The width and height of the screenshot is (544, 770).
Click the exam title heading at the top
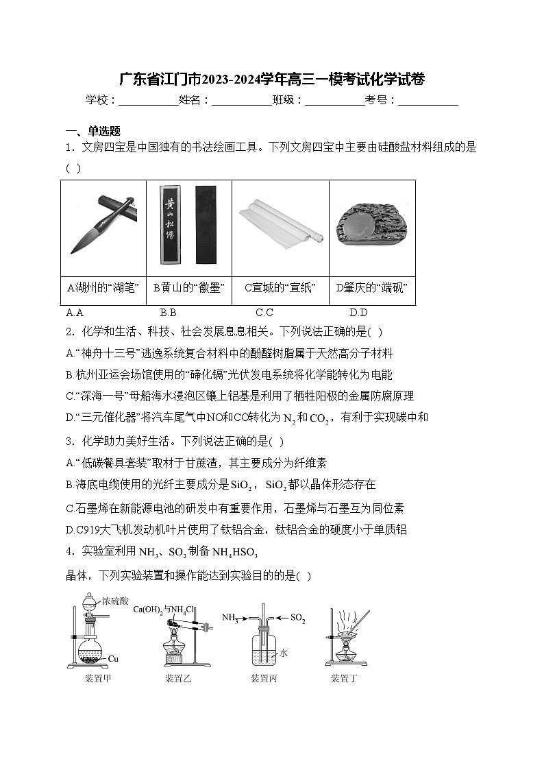272,79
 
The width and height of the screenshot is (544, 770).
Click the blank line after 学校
148,101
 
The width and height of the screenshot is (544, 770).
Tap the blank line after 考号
428,101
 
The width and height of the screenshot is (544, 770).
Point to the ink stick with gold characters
170,224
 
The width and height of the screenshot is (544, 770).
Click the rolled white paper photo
281,223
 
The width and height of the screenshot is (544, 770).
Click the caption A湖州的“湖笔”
103,288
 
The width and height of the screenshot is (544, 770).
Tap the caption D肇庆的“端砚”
372,288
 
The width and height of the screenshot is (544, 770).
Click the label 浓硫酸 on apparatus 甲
115,601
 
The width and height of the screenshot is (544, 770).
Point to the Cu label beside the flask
113,659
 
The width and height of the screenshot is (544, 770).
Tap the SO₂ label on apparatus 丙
297,618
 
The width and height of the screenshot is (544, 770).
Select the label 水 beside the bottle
283,653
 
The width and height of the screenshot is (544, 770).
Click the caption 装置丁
344,679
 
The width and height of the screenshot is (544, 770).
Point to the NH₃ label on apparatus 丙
230,618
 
